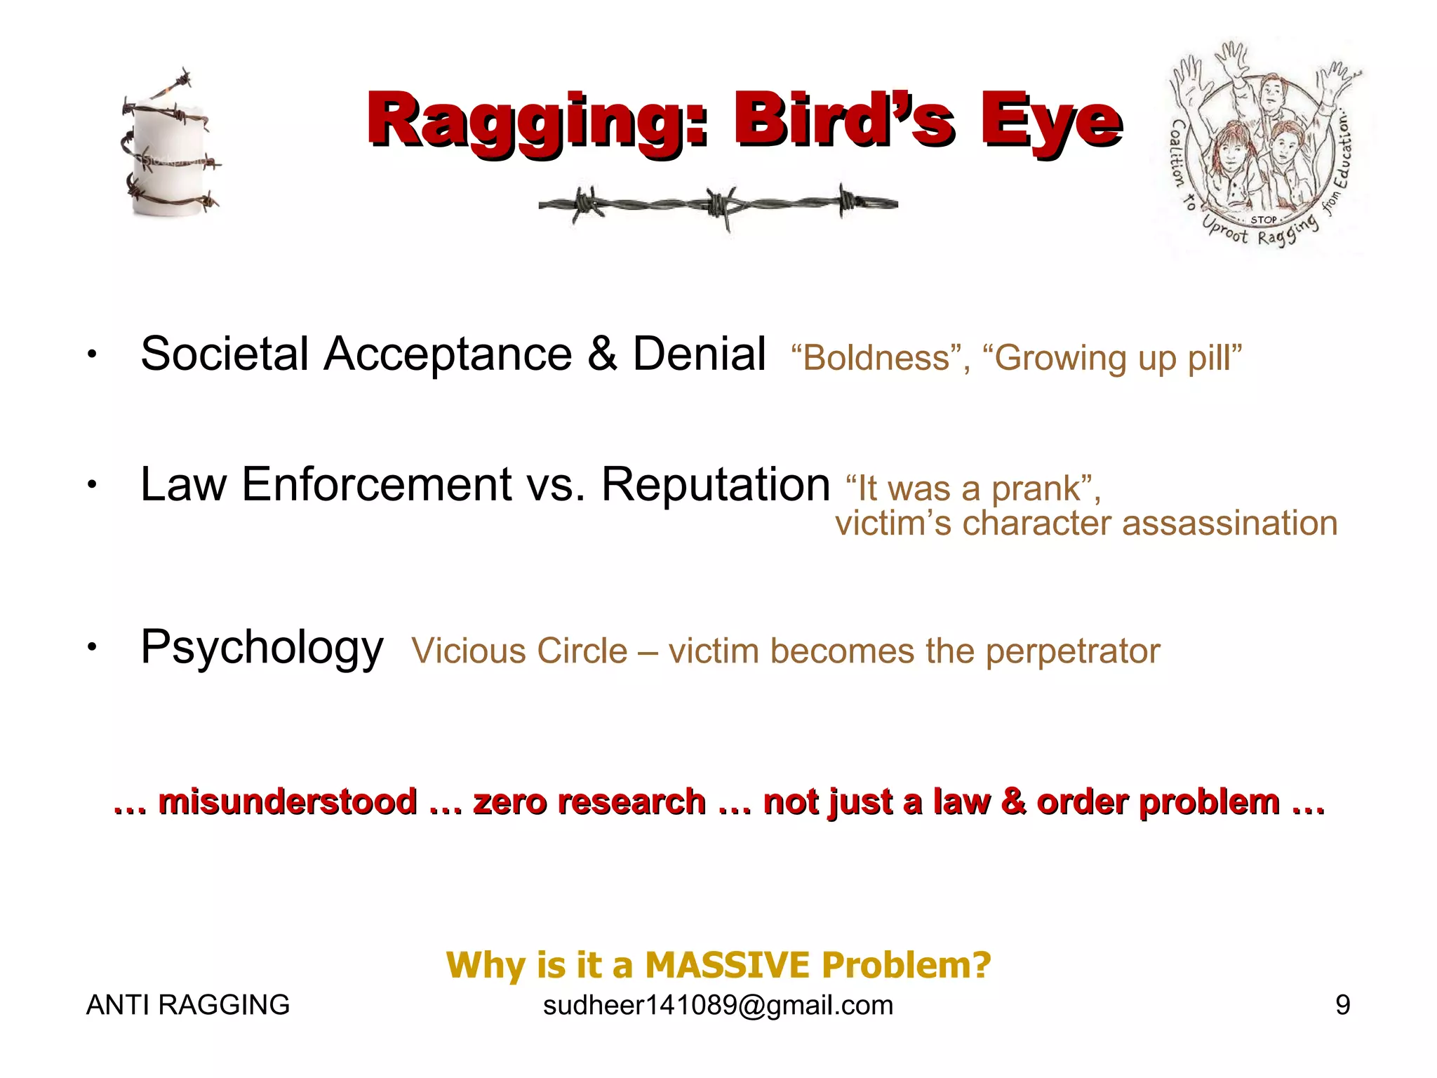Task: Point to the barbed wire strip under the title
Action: click(718, 204)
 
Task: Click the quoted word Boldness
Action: click(876, 358)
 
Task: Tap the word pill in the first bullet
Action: click(1213, 358)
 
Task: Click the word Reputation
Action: click(716, 484)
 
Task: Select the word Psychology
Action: click(262, 647)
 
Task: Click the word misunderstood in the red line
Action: click(288, 801)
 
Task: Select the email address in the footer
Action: click(718, 1005)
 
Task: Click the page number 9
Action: click(1342, 1005)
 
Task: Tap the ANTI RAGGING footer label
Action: click(187, 1005)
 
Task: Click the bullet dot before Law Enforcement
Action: click(91, 485)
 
